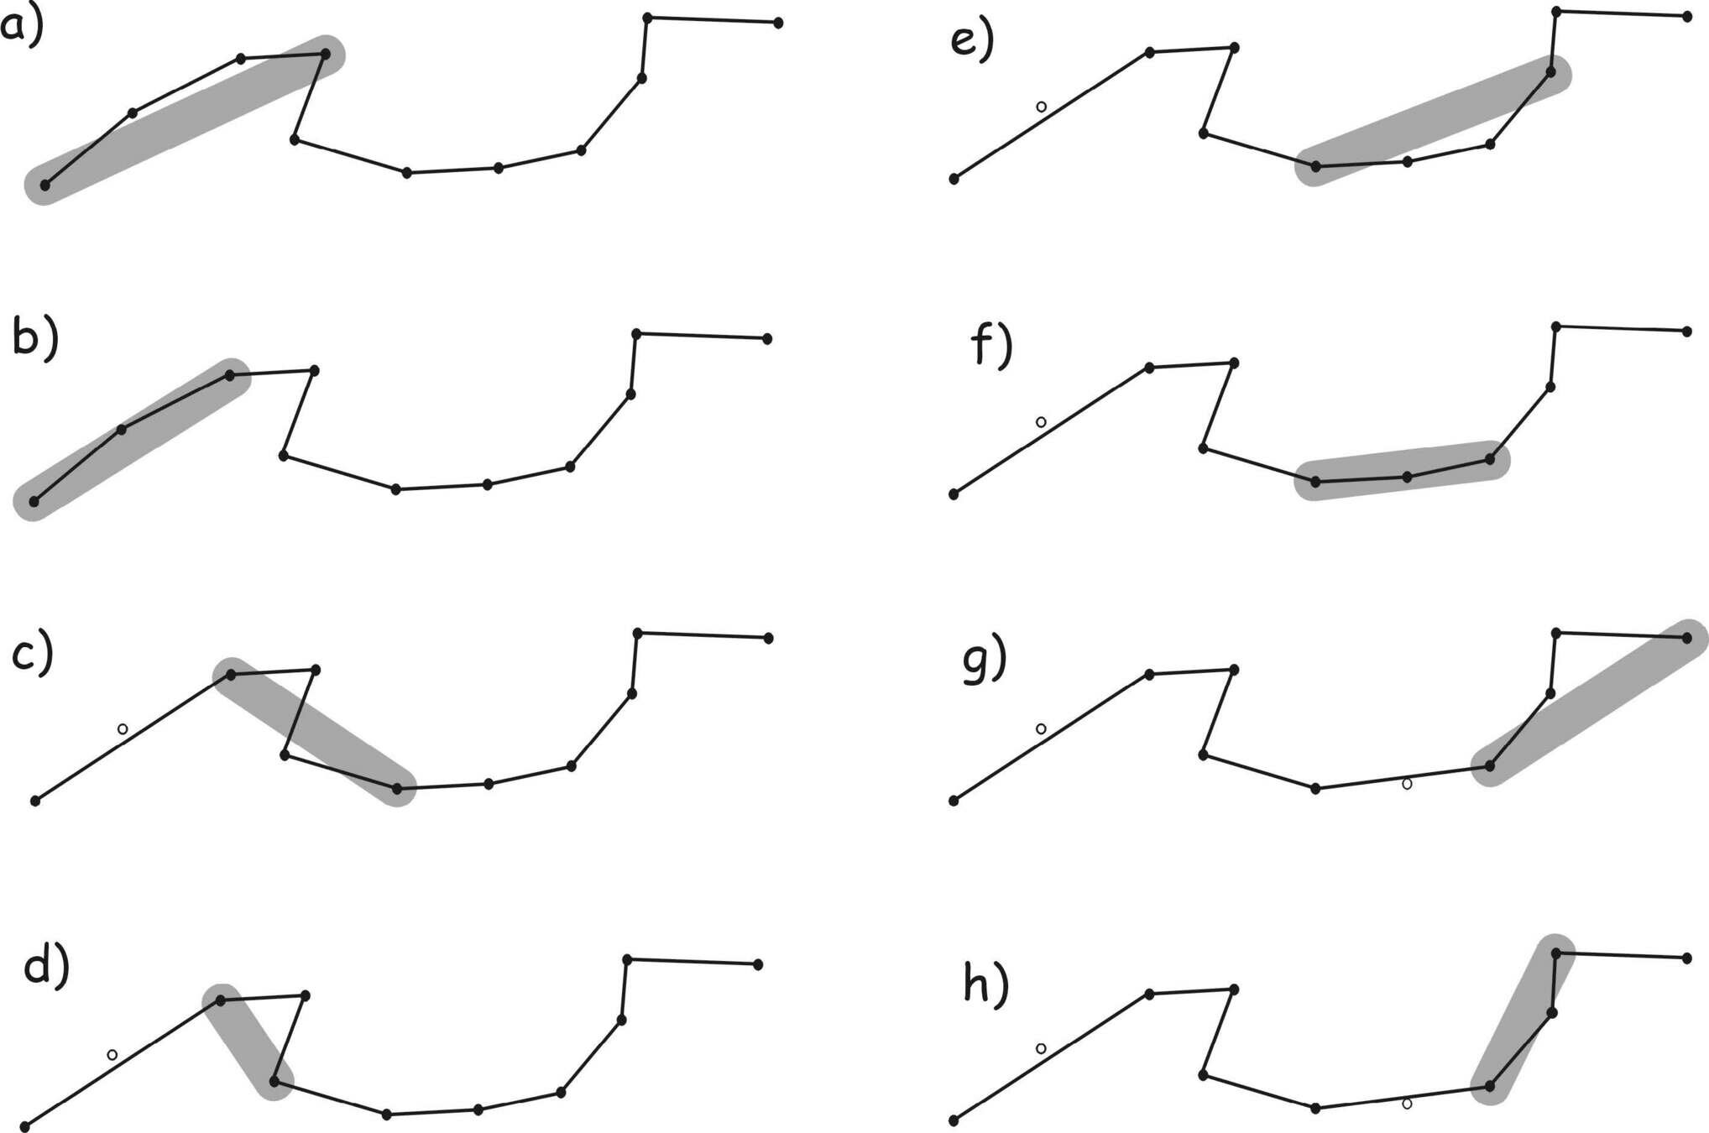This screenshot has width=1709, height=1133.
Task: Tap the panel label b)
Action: coord(35,339)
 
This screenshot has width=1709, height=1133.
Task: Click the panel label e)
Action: coord(973,40)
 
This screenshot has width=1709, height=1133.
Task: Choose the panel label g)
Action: coord(984,660)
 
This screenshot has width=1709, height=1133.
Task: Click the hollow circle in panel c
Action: coord(123,728)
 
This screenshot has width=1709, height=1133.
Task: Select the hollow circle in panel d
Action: coord(112,1054)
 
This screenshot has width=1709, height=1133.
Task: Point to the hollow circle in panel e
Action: coord(1041,107)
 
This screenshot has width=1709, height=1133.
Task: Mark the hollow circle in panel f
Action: coord(1041,421)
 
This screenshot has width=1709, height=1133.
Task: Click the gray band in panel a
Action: coord(185,120)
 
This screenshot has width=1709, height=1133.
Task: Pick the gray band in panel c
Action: coord(314,731)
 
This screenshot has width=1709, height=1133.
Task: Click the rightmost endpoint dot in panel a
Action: coord(778,23)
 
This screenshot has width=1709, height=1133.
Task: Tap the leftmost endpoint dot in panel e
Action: coord(954,179)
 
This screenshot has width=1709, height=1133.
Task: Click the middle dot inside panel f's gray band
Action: coord(1408,477)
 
